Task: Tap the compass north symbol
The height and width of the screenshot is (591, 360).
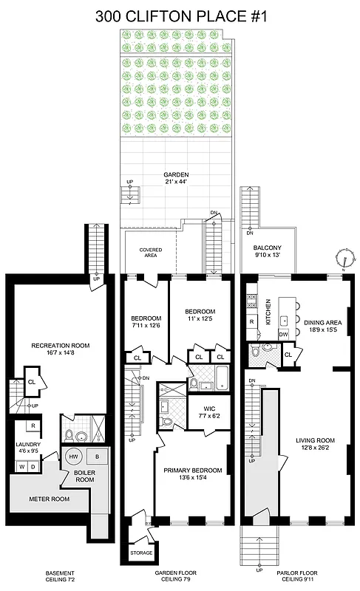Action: click(344, 258)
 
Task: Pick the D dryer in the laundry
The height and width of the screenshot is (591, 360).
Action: click(33, 466)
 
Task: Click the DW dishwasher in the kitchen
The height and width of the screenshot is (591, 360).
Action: click(283, 335)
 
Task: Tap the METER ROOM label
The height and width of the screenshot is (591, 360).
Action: click(49, 498)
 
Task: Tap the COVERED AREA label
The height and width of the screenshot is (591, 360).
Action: click(151, 253)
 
